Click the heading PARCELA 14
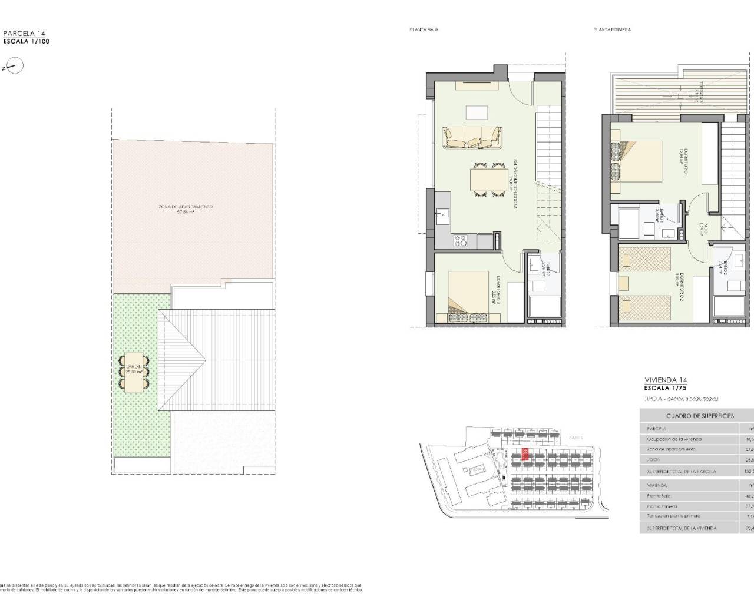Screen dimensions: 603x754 (24, 34)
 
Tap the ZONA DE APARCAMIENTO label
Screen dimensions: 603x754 (186, 210)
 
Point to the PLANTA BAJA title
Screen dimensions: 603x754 (424, 29)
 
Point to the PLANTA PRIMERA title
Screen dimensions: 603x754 (612, 29)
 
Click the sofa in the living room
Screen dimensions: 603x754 (472, 137)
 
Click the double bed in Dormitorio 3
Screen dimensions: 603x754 (469, 292)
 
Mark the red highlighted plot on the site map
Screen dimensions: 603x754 (525, 454)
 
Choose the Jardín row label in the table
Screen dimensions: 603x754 (653, 459)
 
